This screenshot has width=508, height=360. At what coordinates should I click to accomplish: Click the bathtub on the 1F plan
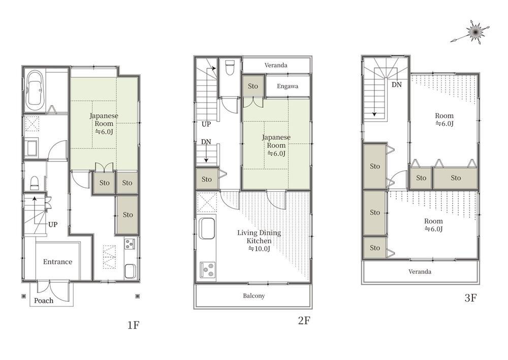[x=34, y=91]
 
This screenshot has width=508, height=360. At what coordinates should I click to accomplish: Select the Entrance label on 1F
[x=58, y=261]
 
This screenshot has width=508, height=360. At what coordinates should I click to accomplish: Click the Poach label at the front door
[x=44, y=301]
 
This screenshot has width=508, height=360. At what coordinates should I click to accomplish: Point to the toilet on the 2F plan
[x=230, y=67]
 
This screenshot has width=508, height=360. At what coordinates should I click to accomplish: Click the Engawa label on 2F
[x=288, y=86]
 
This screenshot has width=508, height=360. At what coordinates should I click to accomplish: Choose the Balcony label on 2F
[x=254, y=296]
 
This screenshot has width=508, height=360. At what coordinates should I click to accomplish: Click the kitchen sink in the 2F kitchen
[x=206, y=228]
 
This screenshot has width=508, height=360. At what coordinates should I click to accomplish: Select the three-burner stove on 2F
[x=207, y=269]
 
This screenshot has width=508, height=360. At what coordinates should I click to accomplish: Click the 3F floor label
[x=470, y=298]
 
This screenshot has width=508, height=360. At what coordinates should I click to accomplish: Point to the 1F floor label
[x=133, y=325]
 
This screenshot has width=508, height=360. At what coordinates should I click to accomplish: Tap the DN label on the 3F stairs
[x=397, y=85]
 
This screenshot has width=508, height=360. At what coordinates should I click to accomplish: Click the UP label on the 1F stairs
[x=53, y=224]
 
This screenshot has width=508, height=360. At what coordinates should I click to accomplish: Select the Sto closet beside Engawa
[x=253, y=86]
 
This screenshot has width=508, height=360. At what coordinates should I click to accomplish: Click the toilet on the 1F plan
[x=35, y=183]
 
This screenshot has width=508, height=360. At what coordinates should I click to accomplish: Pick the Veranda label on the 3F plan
[x=420, y=272]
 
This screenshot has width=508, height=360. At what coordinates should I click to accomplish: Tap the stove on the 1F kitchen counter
[x=130, y=244]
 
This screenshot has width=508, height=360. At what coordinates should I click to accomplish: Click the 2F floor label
[x=304, y=320]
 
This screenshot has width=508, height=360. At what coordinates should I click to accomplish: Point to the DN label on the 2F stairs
[x=206, y=142]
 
